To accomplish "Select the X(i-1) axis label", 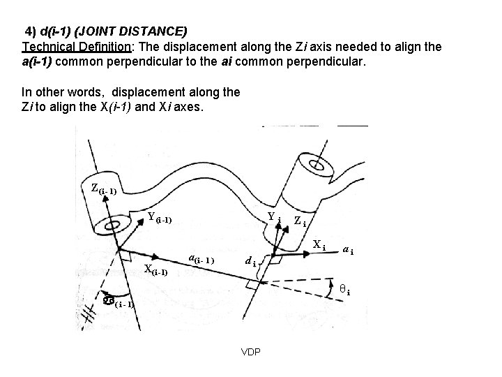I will [x=155, y=269].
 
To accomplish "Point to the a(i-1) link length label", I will [x=203, y=260].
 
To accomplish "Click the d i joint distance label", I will [x=252, y=263].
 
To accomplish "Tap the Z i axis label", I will [x=301, y=221].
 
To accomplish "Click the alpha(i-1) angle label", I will [x=115, y=302].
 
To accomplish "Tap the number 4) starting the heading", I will [x=31, y=32].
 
